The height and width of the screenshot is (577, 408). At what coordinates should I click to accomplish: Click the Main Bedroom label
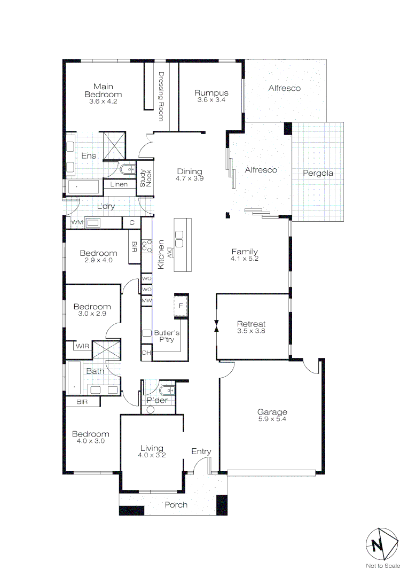coord(104,90)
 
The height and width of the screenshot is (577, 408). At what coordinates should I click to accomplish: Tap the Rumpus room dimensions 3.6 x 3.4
coord(211,100)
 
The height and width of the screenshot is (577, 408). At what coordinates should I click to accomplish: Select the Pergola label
coord(318,173)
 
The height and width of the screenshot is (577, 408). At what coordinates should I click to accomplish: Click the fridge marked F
coord(181,306)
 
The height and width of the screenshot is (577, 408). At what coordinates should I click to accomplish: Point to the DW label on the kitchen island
coord(169,251)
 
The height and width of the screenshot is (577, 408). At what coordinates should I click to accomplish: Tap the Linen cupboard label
coord(119,185)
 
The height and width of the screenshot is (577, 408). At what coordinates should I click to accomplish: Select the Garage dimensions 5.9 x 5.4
coord(272,420)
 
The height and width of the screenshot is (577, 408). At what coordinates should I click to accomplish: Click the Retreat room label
coord(251,324)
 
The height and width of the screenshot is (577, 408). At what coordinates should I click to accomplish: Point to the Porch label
coord(176,505)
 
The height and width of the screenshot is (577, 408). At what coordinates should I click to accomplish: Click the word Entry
coord(201,451)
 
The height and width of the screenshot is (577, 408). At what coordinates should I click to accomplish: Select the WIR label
coord(82,346)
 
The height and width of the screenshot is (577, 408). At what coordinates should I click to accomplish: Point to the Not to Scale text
coord(382,566)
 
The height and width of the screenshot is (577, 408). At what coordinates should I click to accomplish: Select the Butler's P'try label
coord(167,336)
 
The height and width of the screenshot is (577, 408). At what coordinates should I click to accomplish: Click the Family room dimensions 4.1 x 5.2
coord(245,260)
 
